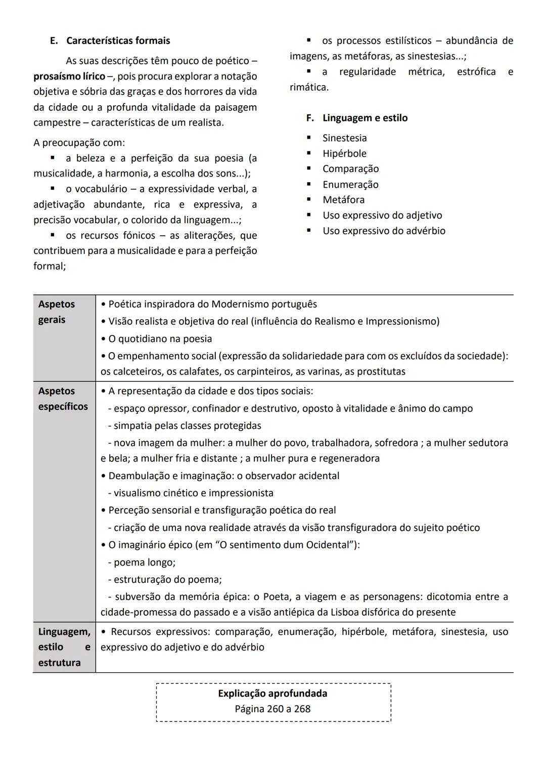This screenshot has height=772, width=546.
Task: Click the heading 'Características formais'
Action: click(118, 40)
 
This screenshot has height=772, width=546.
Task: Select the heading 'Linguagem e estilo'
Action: click(365, 118)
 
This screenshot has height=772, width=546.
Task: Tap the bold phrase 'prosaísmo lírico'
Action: click(69, 76)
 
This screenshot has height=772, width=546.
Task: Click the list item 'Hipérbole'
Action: click(344, 153)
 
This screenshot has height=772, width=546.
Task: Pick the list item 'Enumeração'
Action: click(350, 185)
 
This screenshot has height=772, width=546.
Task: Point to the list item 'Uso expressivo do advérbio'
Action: click(384, 231)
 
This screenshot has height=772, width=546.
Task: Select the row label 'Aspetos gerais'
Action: click(56, 312)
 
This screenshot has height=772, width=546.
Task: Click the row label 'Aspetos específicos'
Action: click(63, 399)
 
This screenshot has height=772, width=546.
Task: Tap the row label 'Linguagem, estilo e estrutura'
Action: click(64, 647)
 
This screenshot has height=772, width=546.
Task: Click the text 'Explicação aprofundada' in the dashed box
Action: click(272, 693)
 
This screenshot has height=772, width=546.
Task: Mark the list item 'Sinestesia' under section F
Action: click(344, 138)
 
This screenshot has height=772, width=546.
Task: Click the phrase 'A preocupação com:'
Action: click(79, 143)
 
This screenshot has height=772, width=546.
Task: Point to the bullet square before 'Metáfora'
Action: click(309, 200)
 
